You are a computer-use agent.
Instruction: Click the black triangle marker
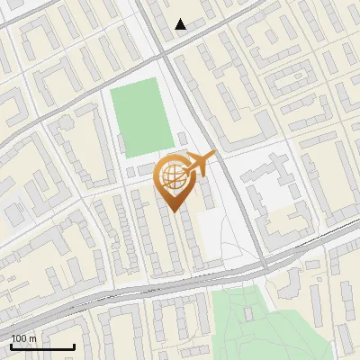pos(181,24)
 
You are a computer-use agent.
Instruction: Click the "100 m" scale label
pos(24,338)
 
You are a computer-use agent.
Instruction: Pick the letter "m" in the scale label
pos(33,338)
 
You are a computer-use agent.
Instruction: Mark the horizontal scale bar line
pos(42,346)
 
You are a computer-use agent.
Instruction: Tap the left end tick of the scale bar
pos(12,345)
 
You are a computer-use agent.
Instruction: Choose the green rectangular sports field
pos(141,117)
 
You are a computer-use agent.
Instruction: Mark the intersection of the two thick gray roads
pos(168,56)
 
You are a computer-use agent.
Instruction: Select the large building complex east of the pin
pos(274,202)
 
